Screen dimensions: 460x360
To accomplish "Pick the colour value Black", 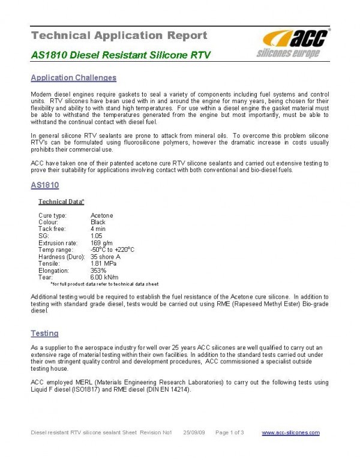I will click(x=98, y=222).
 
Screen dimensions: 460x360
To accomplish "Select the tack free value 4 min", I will click(x=99, y=229).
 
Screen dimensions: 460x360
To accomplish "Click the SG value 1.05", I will click(x=96, y=236).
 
